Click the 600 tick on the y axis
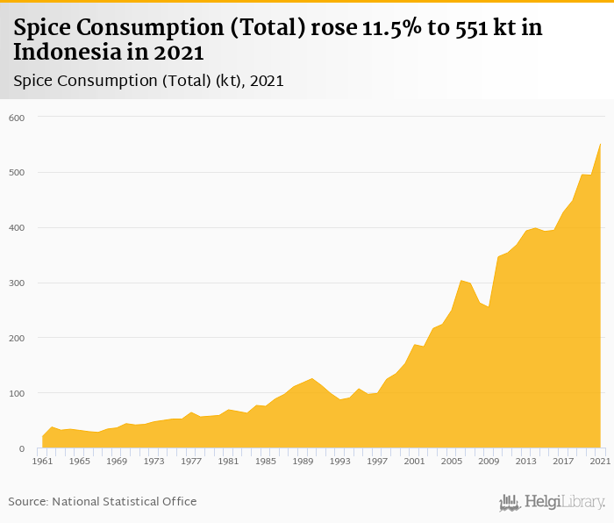[17, 118]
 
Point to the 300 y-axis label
[17, 283]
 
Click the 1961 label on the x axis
[41, 461]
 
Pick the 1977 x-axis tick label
[190, 461]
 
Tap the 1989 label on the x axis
[302, 461]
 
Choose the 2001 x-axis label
[414, 461]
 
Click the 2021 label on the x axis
[600, 461]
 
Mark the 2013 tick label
[525, 461]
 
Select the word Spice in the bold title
[43, 28]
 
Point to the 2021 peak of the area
[600, 144]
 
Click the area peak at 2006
[460, 281]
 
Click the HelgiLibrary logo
[552, 502]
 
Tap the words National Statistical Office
[124, 502]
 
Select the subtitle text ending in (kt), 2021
[148, 81]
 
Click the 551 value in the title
[466, 28]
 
